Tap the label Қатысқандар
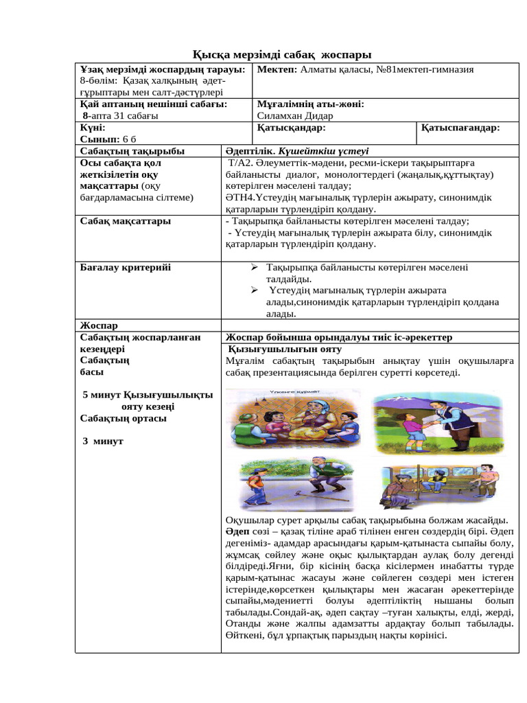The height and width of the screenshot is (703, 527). coord(290,128)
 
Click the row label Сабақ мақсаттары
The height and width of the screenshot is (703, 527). coord(126,221)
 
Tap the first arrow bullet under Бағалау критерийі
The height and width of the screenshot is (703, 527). coord(253,267)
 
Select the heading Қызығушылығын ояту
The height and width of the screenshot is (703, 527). coord(285,349)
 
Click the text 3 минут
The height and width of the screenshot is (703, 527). coord(102,441)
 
